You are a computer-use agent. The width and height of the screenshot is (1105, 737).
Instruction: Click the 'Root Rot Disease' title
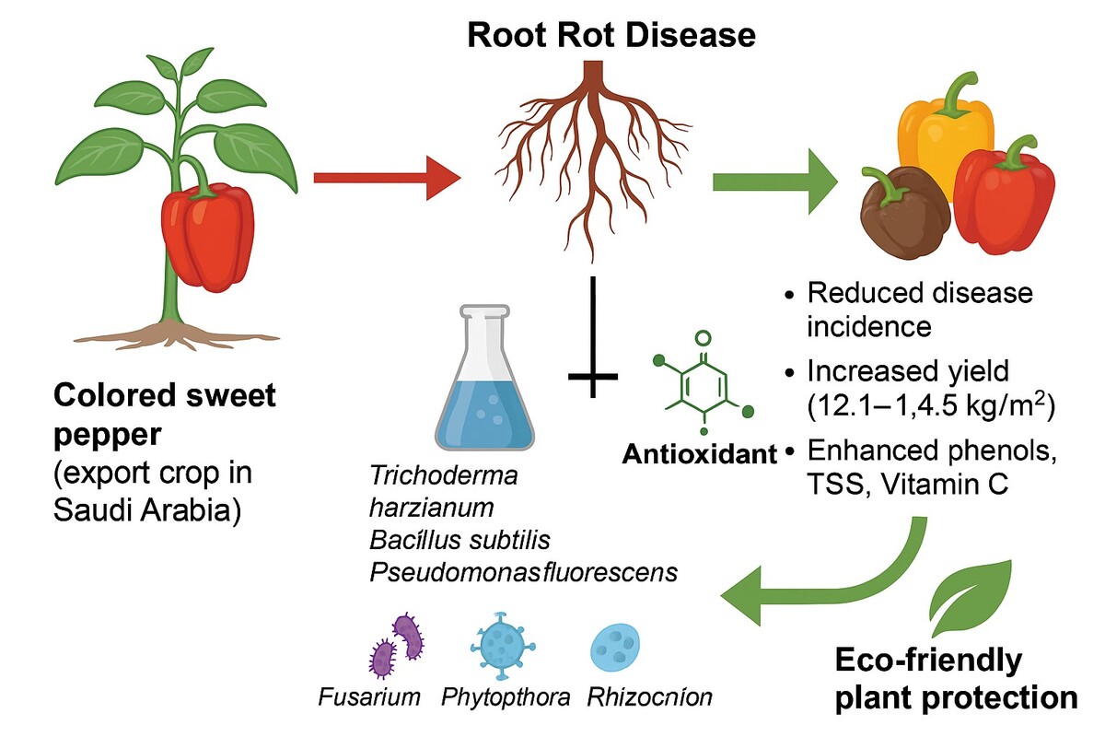(611, 35)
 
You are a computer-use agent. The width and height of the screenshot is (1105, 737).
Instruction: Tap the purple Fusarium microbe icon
(395, 644)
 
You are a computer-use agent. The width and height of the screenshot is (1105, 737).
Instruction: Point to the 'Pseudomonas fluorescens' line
(523, 572)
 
